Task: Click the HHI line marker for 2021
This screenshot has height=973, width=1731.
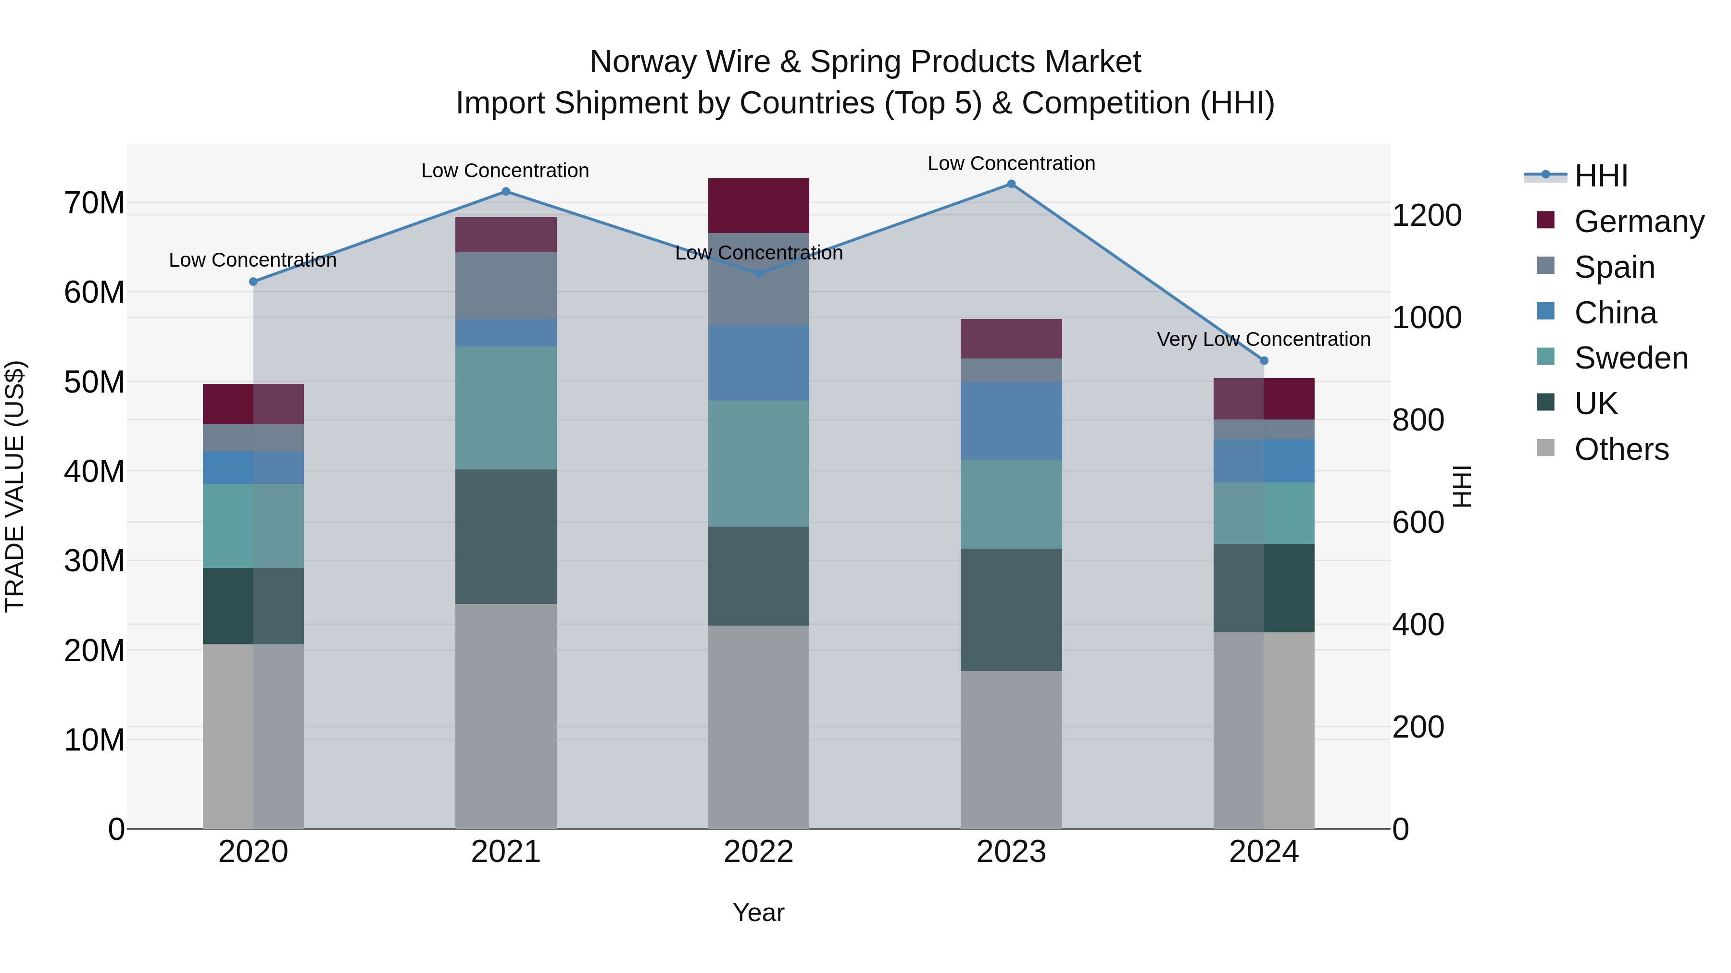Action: coord(506,191)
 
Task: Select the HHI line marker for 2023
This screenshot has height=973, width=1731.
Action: coord(1011,184)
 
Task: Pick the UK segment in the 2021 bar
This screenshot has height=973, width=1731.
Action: coord(506,537)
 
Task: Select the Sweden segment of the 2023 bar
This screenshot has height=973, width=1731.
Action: coord(1011,505)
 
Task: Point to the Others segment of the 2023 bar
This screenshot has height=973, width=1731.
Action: coord(1011,750)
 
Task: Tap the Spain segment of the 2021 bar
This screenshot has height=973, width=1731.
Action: coord(506,285)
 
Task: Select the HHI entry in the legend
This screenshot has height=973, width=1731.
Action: coord(1601,176)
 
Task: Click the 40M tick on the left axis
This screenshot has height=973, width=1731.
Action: coord(94,471)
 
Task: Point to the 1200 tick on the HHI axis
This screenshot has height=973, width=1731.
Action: coord(1426,216)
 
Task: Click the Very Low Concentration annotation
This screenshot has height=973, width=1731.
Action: coord(1263,339)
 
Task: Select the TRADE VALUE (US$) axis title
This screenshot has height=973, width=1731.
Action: coord(15,486)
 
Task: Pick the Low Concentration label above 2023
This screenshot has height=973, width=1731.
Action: coord(1011,163)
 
